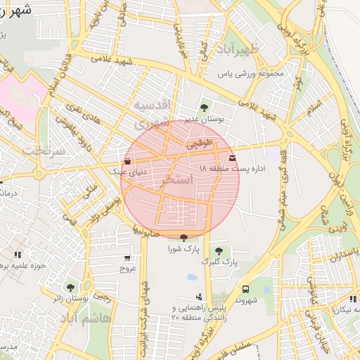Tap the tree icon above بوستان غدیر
click(204, 108)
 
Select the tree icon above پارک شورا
click(184, 238)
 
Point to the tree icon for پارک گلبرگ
click(219, 250)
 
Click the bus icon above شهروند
click(245, 289)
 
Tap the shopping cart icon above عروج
click(127, 258)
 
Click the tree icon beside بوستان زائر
click(70, 287)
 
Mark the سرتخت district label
click(44, 150)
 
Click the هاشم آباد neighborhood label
click(105, 319)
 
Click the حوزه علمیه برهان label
click(22, 265)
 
